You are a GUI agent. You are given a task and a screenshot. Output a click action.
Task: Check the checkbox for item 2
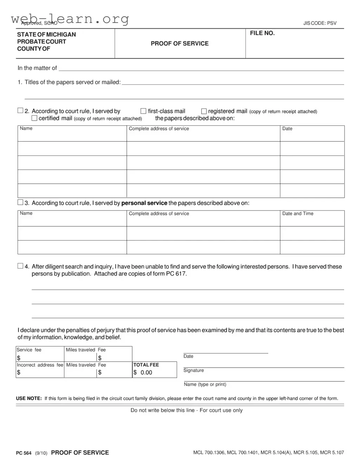[x=20, y=111]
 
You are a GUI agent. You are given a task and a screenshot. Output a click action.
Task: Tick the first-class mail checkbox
[x=143, y=111]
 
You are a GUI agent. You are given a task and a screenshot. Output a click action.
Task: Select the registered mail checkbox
[x=204, y=111]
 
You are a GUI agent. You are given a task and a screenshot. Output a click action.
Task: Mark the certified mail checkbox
[x=34, y=118]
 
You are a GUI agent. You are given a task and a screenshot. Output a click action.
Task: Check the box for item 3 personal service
[x=20, y=202]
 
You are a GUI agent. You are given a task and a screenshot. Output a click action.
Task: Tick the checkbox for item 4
[x=20, y=266]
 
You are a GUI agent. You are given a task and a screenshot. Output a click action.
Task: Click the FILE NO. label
[x=262, y=33]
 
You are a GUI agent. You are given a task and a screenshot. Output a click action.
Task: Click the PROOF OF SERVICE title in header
[x=179, y=44]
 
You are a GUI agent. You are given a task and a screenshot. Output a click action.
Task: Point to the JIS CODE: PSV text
[x=320, y=23]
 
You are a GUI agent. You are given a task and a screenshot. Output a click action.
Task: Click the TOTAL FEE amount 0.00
[x=146, y=373]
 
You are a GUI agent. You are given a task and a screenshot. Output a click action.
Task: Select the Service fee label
[x=29, y=350]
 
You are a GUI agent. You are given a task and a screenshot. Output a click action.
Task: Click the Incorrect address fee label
[x=40, y=365]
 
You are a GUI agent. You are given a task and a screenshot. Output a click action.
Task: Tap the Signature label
[x=194, y=370]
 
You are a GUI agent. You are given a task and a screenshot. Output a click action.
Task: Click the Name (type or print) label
[x=205, y=385]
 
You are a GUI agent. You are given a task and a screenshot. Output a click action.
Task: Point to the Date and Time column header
[x=297, y=214]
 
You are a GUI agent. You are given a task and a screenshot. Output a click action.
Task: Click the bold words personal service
[x=144, y=203]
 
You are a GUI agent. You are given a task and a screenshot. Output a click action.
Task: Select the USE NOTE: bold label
[x=29, y=399]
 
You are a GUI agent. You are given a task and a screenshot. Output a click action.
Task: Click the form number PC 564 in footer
[x=24, y=453]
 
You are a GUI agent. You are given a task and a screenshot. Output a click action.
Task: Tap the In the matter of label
[x=37, y=68]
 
